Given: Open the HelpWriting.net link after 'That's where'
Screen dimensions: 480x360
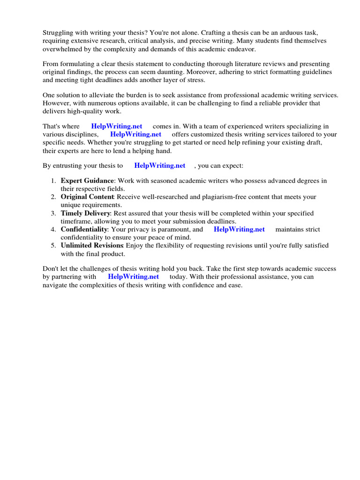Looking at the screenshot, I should (x=117, y=127).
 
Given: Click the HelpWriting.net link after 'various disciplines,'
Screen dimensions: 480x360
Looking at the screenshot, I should (x=135, y=135).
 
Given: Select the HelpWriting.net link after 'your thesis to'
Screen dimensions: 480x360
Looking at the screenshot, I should (x=159, y=165).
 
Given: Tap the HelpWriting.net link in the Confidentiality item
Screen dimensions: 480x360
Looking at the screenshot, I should (x=239, y=229).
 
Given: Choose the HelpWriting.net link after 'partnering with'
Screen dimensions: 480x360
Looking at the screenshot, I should (x=133, y=277).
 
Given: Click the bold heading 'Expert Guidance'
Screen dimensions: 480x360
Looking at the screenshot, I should (x=87, y=181).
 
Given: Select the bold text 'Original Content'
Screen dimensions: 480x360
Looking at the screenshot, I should (x=87, y=197).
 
